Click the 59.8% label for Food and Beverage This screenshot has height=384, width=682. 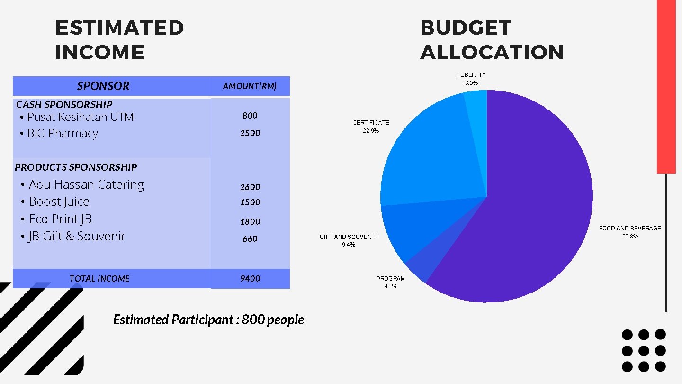(x=630, y=237)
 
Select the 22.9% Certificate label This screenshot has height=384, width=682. (x=371, y=131)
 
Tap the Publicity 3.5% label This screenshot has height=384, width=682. (x=471, y=83)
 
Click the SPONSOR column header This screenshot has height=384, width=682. (x=103, y=86)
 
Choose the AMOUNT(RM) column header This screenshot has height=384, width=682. (x=250, y=86)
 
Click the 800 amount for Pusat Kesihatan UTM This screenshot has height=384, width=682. (x=250, y=116)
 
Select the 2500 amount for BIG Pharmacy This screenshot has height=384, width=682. (x=250, y=133)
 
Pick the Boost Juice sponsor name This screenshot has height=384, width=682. (x=59, y=202)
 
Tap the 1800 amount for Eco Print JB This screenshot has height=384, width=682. (x=250, y=221)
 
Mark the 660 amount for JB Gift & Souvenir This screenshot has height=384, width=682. (x=250, y=239)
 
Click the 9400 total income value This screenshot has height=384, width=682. (x=250, y=279)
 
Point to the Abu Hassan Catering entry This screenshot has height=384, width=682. (x=86, y=184)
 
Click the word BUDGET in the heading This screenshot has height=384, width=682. (x=466, y=28)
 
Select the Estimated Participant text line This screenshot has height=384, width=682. (x=208, y=320)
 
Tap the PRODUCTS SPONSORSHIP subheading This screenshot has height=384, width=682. (x=76, y=167)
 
